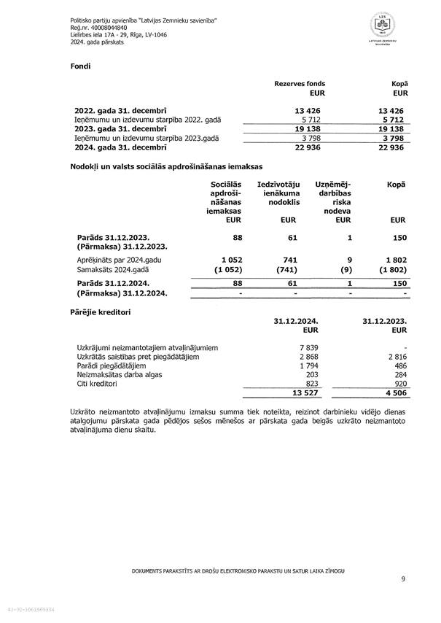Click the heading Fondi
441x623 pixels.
[x=80, y=66]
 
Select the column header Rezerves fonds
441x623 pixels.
[x=300, y=84]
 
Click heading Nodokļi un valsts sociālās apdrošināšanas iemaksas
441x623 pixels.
[x=165, y=167]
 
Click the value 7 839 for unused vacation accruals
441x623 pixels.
[x=309, y=347]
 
